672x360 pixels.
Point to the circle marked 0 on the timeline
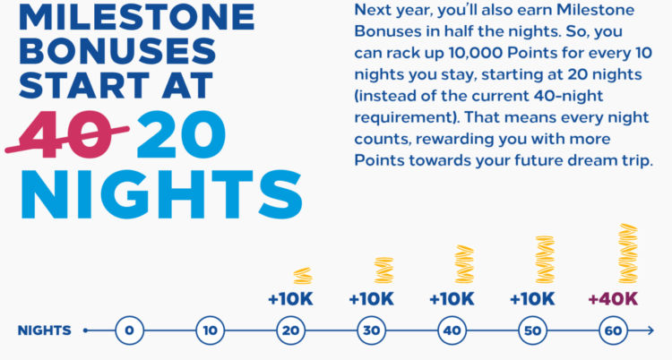[x=129, y=331]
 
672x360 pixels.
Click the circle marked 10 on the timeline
[x=210, y=331]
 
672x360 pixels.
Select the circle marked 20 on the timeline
[x=290, y=331]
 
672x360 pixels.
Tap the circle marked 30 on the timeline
[x=371, y=331]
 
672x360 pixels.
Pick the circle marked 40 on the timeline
[x=452, y=331]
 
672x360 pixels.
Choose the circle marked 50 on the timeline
[x=532, y=331]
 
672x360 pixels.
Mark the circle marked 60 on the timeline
[x=613, y=331]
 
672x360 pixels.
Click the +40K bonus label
[x=613, y=298]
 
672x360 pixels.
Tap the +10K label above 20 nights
[x=290, y=298]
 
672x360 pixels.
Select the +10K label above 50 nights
[x=532, y=298]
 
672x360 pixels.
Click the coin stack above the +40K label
[x=627, y=253]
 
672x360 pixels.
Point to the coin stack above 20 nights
[x=302, y=276]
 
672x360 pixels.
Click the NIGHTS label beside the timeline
[x=44, y=331]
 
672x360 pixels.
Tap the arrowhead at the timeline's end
[x=650, y=331]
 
